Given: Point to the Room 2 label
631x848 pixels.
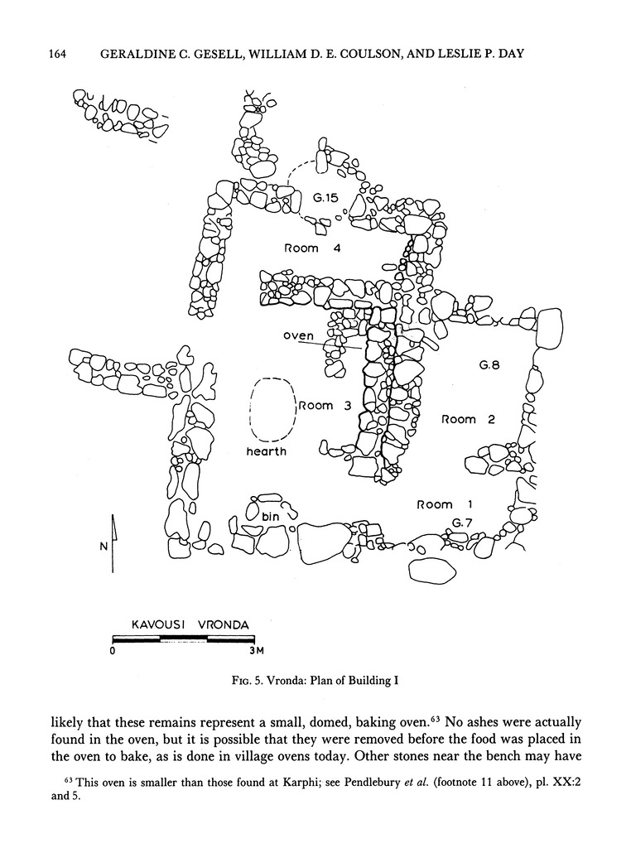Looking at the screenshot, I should click(468, 420).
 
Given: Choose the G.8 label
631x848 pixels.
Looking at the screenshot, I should click(489, 364).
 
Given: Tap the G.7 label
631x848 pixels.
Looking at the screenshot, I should click(462, 522).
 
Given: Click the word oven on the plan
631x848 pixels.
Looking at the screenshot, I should click(298, 335).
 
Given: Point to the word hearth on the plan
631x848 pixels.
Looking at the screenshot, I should click(266, 451).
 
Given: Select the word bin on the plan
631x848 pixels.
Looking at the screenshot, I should click(272, 516).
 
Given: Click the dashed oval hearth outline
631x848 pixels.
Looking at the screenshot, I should click(273, 409).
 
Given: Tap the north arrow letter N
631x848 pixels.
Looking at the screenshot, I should click(102, 547).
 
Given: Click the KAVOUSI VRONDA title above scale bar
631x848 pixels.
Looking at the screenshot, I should click(190, 624).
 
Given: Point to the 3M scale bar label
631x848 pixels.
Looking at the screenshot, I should click(257, 651).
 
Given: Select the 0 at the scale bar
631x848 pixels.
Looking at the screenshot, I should click(113, 651).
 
